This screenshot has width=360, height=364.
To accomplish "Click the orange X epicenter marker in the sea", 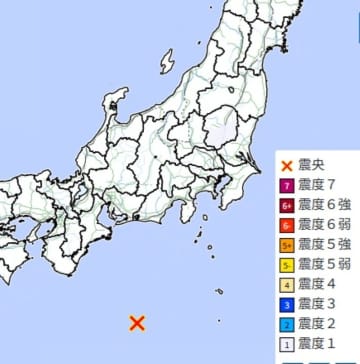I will coord(138,322).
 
